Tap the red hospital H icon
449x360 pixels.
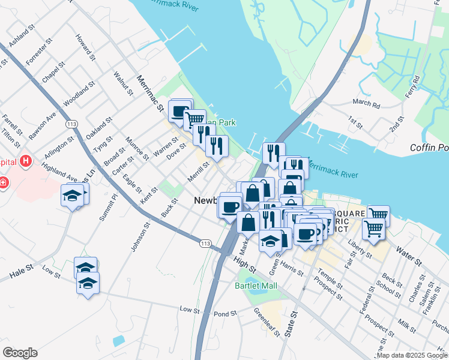pos(25,161)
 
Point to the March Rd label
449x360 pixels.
pos(366,104)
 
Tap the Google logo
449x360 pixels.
pos(20,353)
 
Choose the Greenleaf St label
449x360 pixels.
pos(267,322)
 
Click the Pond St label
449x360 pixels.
pos(226,314)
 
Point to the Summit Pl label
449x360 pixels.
pos(109,208)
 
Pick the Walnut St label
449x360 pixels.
pos(122,83)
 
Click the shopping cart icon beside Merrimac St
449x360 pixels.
pos(194,120)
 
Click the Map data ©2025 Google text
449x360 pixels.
pos(412,355)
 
